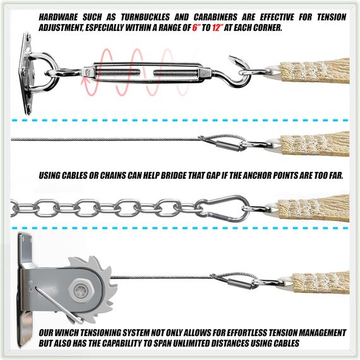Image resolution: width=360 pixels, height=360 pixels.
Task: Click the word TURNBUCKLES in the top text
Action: (x=145, y=17)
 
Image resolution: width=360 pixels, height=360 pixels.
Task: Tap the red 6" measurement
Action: (x=195, y=28)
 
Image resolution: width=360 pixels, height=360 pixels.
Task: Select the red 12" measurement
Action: (x=218, y=28)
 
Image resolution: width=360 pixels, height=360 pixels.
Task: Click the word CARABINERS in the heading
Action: (x=215, y=17)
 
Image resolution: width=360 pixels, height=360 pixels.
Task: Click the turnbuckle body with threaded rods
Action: (x=147, y=73)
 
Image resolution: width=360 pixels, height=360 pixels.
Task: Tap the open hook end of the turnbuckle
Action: (x=239, y=71)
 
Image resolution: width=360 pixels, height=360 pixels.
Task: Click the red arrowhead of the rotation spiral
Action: (x=85, y=81)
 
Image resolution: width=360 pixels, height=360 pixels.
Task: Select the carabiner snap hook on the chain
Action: (x=222, y=208)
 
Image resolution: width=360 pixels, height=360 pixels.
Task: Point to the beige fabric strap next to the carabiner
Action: (x=314, y=208)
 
